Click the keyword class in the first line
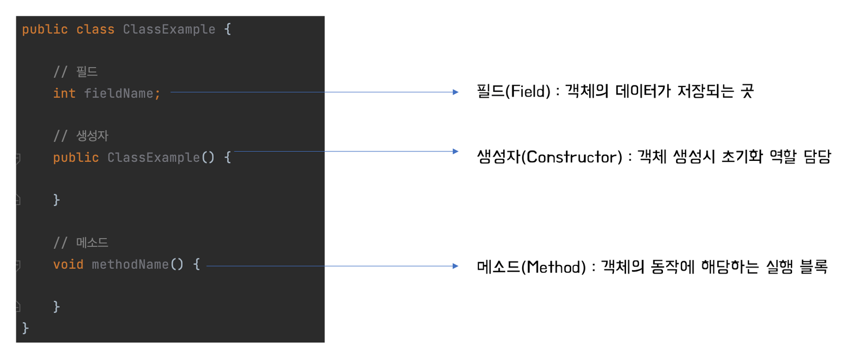tap(95, 30)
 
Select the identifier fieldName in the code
tap(119, 93)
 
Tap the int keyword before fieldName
tap(64, 93)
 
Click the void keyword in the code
tap(68, 264)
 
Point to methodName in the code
tap(130, 264)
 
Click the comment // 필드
tap(75, 72)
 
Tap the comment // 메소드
tap(81, 243)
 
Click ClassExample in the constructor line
tap(153, 158)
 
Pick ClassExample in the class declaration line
tap(169, 30)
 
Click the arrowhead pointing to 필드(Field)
tap(456, 92)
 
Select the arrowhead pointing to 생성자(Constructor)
tap(456, 151)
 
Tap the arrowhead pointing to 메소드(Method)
tap(456, 266)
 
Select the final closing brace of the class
tap(25, 328)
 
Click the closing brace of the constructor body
tap(56, 200)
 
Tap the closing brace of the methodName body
tap(56, 306)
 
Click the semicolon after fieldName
tap(158, 94)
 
